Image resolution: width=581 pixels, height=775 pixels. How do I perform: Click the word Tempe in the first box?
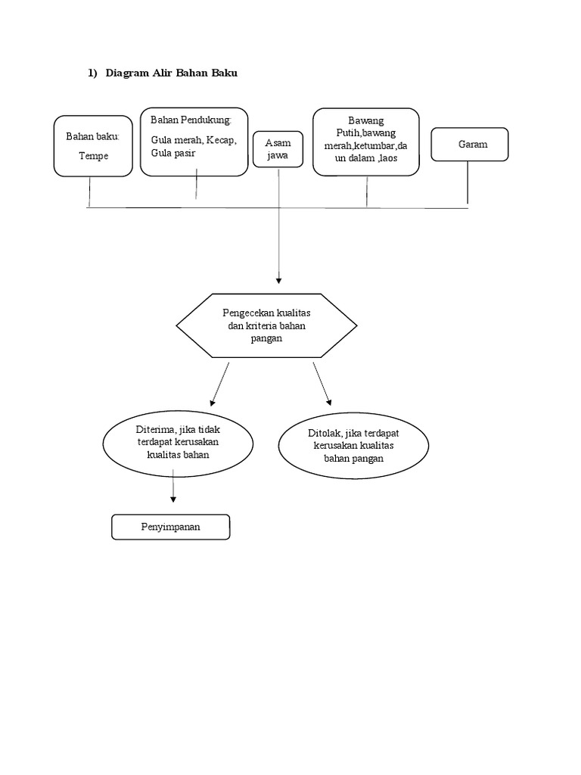click(94, 156)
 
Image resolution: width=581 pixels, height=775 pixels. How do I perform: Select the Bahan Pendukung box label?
click(191, 120)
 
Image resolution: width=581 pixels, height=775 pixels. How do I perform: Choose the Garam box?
click(470, 145)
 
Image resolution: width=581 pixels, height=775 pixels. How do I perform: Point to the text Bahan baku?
click(93, 136)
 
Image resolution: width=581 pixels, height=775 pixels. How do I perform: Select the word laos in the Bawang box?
click(384, 157)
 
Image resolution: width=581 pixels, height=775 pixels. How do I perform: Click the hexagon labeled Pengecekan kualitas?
click(266, 325)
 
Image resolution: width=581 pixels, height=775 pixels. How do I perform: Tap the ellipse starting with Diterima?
click(179, 442)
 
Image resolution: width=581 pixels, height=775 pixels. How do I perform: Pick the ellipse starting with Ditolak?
click(353, 447)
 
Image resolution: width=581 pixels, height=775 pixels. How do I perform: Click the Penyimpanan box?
click(170, 527)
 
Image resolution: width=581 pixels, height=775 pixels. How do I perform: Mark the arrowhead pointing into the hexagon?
click(279, 281)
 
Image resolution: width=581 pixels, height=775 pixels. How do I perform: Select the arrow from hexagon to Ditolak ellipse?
click(322, 384)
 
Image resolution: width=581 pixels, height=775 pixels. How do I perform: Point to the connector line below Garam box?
click(468, 182)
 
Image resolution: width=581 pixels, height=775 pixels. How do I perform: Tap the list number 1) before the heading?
click(92, 73)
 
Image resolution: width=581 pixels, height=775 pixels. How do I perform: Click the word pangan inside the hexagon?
click(266, 338)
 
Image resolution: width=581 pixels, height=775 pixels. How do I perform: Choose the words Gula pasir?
click(173, 153)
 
